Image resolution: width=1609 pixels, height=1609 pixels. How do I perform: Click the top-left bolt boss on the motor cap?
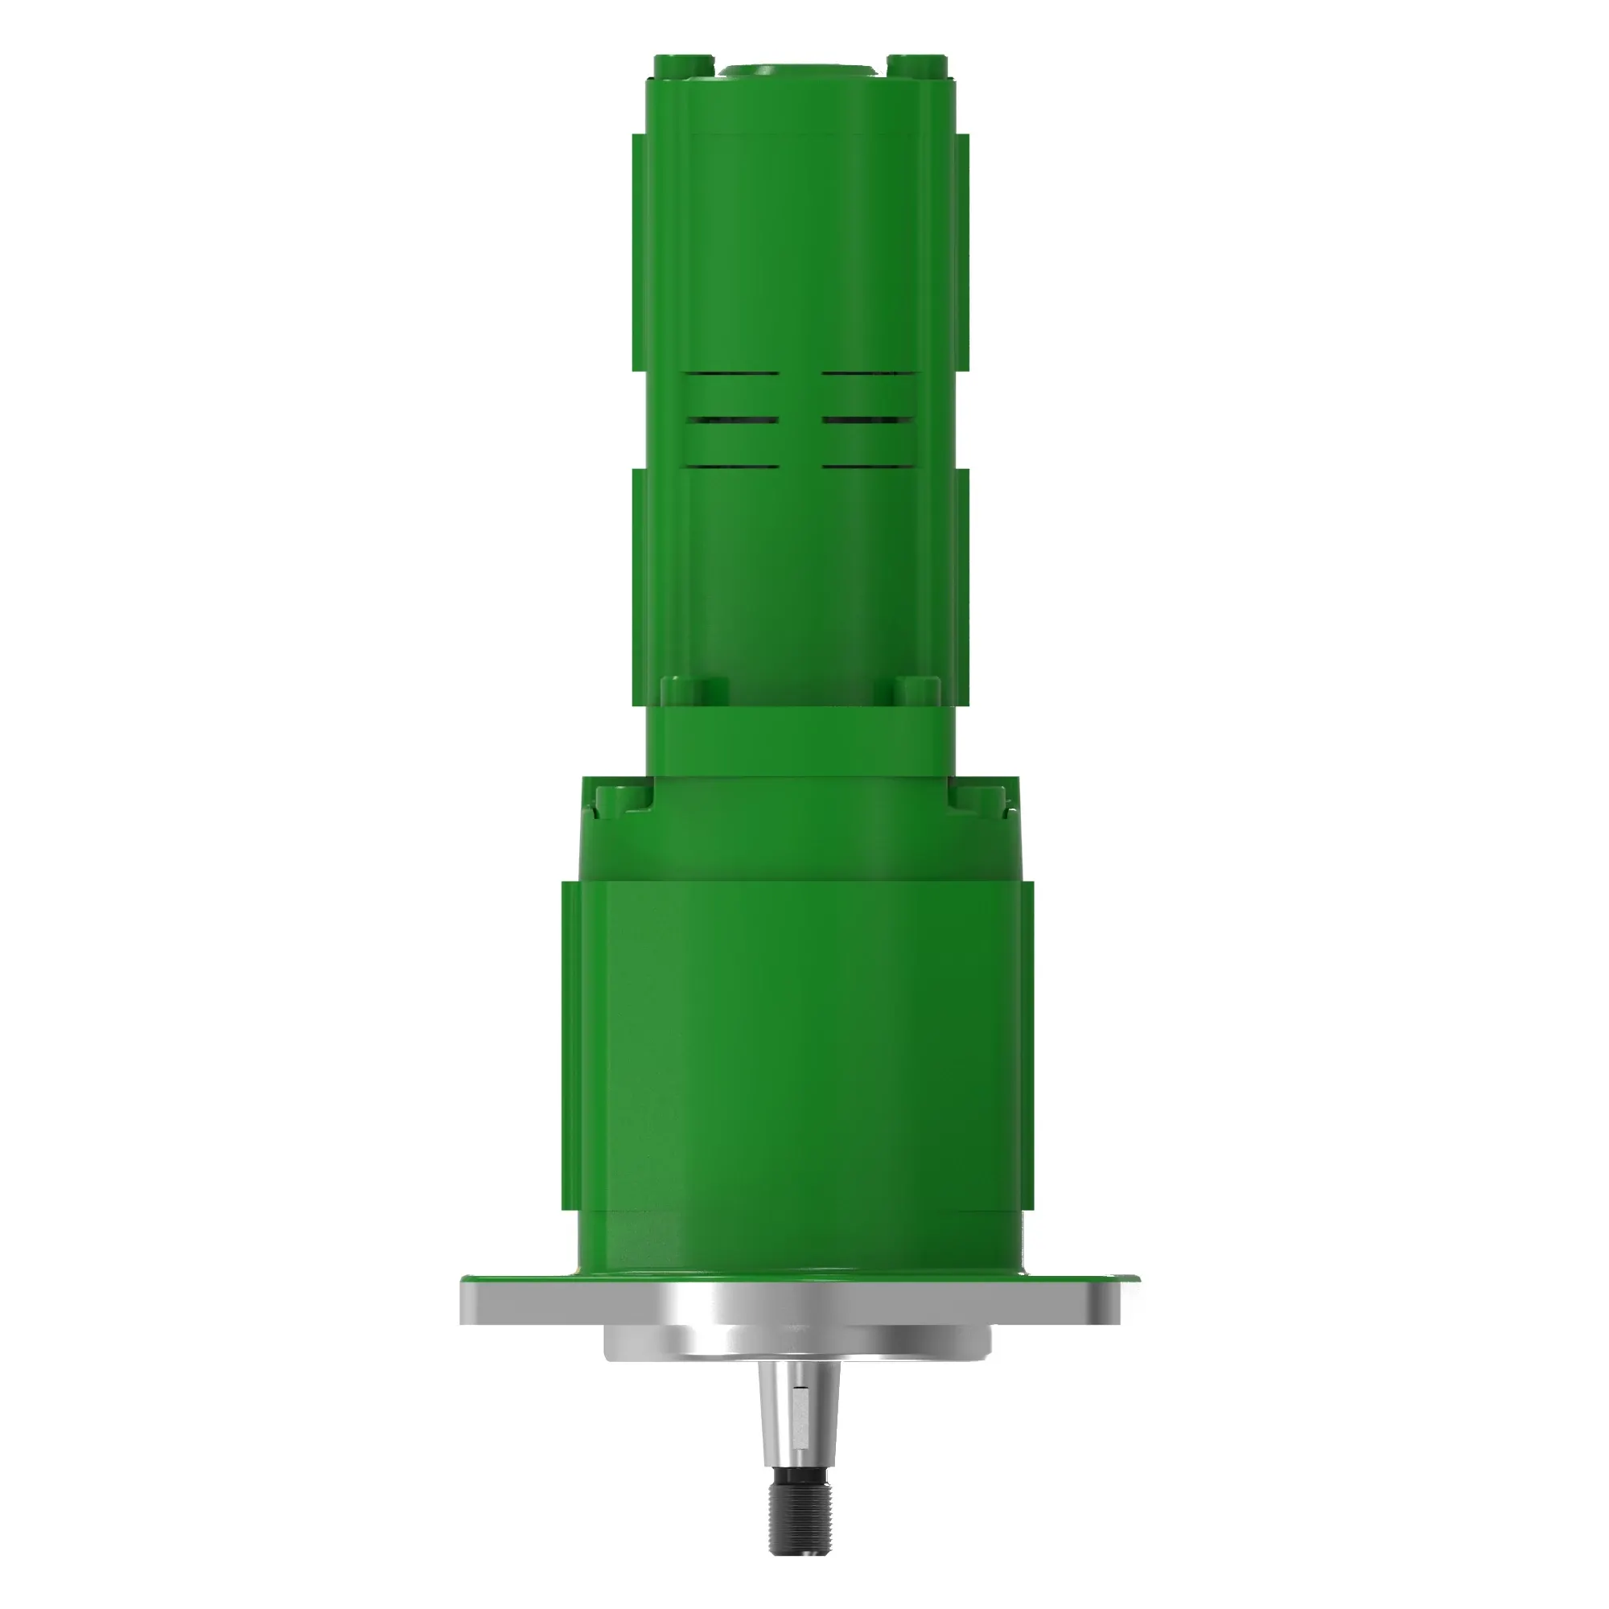[683, 64]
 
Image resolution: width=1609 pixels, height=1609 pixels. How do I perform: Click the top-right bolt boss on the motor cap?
[917, 64]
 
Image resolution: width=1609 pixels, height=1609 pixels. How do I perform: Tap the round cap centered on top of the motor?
[800, 72]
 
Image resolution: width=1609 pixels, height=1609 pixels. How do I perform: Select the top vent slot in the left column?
[733, 374]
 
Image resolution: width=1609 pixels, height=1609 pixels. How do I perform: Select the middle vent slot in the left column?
[733, 420]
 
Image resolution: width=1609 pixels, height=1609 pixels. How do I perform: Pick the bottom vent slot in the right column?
[868, 466]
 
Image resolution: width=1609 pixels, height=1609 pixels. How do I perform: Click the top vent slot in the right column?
[868, 374]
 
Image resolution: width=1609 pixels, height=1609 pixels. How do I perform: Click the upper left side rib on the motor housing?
[640, 250]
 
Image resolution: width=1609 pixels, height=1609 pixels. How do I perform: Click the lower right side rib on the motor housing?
[961, 583]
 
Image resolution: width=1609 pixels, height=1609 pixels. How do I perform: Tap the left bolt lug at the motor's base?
[693, 690]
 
